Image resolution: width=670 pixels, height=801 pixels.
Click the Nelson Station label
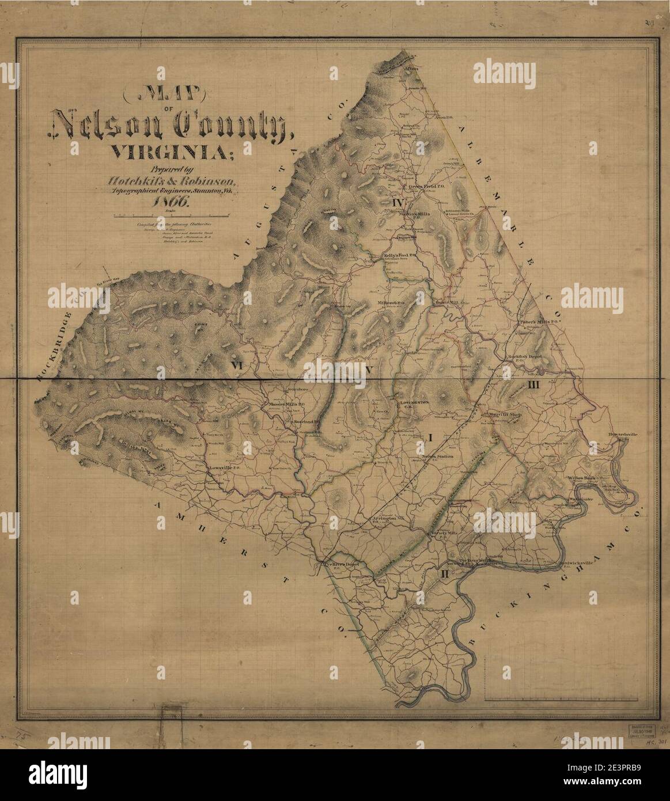tap(439, 456)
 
